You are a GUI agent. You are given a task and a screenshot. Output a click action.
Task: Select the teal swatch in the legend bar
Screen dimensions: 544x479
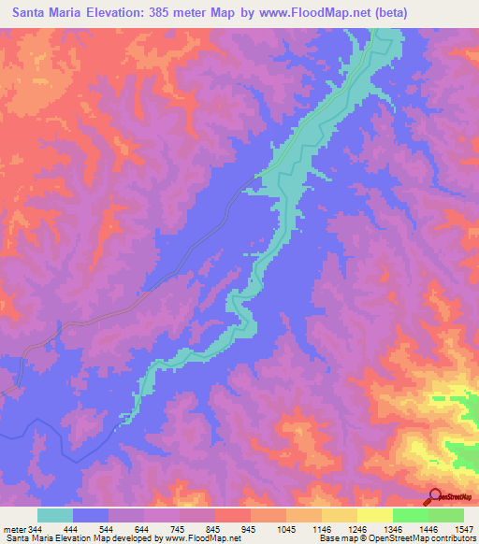55,515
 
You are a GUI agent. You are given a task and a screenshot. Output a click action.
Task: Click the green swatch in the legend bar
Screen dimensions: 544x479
410,515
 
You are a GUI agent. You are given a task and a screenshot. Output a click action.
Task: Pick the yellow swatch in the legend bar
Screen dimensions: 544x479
374,515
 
